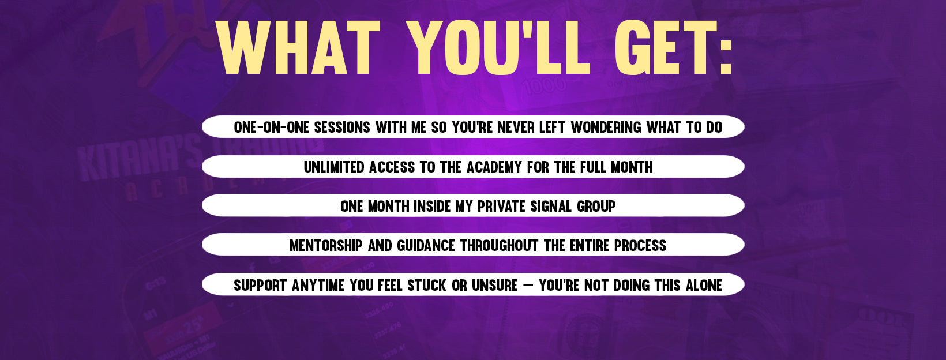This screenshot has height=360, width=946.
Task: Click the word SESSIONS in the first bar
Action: click(x=342, y=127)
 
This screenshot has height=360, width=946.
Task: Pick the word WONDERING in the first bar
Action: click(x=606, y=127)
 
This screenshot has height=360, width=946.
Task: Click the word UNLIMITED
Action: click(x=334, y=167)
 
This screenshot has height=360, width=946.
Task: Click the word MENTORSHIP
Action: click(x=326, y=246)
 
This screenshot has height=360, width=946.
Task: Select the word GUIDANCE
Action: click(x=426, y=246)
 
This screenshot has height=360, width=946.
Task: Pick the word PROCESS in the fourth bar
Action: click(x=640, y=246)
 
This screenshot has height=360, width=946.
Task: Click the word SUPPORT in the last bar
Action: click(x=261, y=286)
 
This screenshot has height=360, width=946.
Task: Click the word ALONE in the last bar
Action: click(x=704, y=286)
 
